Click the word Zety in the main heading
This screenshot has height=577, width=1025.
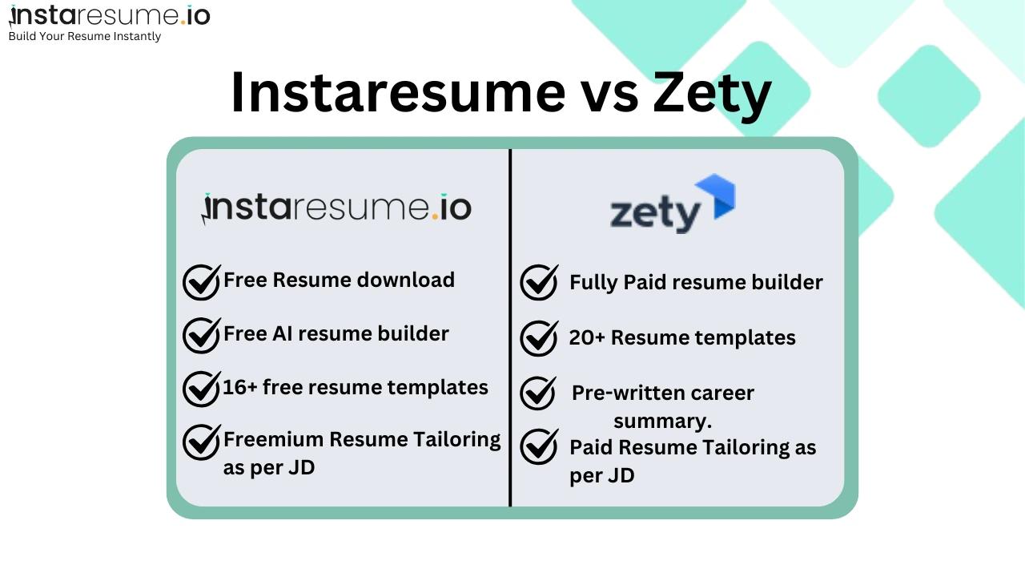pos(713,92)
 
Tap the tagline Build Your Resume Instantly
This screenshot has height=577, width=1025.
pos(84,36)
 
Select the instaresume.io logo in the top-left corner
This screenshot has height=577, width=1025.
pos(109,16)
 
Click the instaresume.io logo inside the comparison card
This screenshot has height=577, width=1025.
pos(336,208)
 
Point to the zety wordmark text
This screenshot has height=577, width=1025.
pos(655,215)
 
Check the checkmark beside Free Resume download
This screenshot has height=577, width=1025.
pos(202,282)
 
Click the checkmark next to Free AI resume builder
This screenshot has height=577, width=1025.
pos(202,335)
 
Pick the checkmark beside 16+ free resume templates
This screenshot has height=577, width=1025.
pos(202,389)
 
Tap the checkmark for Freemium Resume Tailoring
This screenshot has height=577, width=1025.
pos(202,442)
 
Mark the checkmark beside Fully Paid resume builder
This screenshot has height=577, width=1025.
pos(539,283)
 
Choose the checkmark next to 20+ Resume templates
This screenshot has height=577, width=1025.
pos(539,338)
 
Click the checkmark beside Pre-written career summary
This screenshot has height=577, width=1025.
pos(538,393)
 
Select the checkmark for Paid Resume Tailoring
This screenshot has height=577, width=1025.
pos(539,446)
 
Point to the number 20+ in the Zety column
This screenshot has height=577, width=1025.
pos(587,338)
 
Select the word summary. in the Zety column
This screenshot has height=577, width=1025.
pos(662,421)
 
